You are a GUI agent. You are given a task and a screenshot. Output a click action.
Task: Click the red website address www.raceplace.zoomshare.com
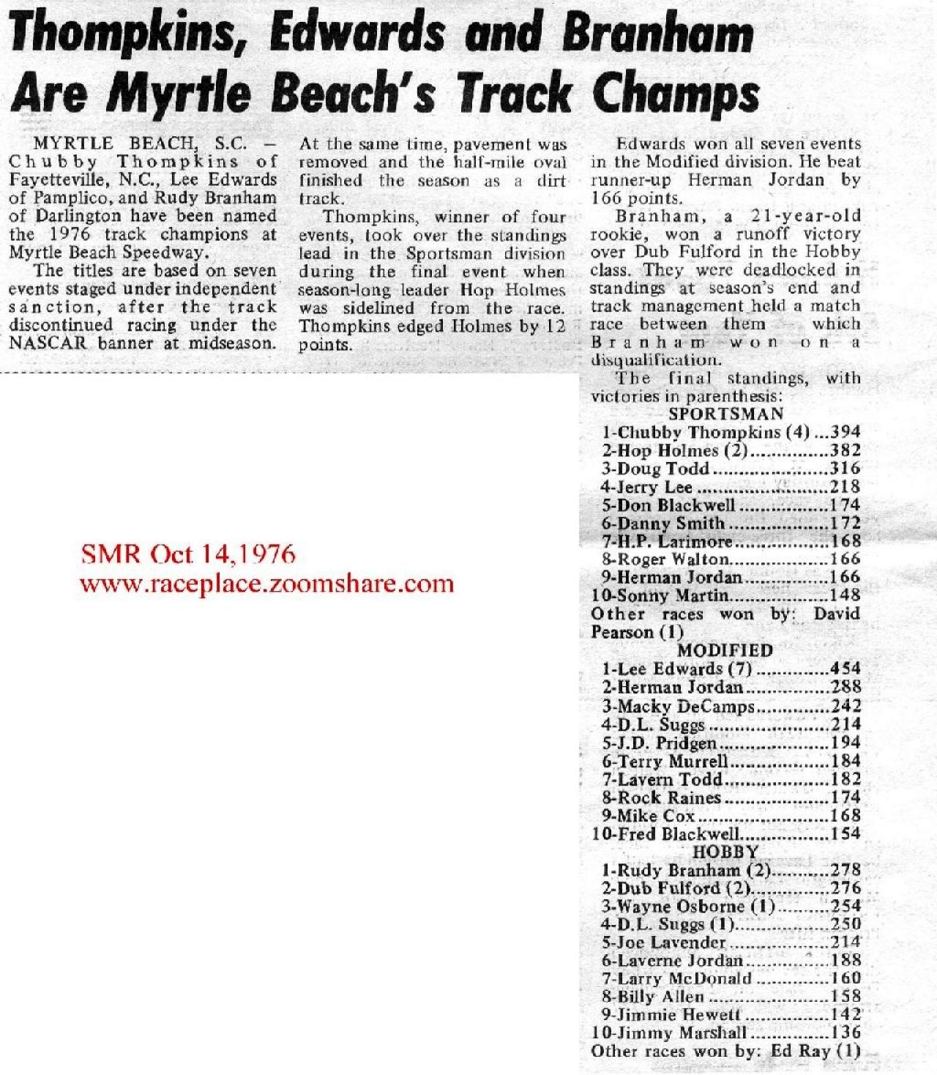click(266, 584)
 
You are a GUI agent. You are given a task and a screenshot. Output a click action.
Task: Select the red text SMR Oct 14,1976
click(188, 554)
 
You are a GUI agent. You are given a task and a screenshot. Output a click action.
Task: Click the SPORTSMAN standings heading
click(725, 414)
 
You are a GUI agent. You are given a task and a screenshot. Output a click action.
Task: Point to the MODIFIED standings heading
click(725, 650)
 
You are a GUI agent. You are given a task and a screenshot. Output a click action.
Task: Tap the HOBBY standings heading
click(725, 852)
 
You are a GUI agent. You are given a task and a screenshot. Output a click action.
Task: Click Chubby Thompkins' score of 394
click(845, 432)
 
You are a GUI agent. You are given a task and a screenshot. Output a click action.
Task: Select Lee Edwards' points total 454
click(845, 669)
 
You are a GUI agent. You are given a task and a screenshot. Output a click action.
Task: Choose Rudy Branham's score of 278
click(845, 870)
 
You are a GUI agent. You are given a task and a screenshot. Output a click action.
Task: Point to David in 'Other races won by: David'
click(836, 614)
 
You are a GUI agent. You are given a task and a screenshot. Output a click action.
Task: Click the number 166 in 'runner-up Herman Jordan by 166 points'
click(606, 198)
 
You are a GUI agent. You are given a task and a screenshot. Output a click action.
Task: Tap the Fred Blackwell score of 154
click(845, 833)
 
